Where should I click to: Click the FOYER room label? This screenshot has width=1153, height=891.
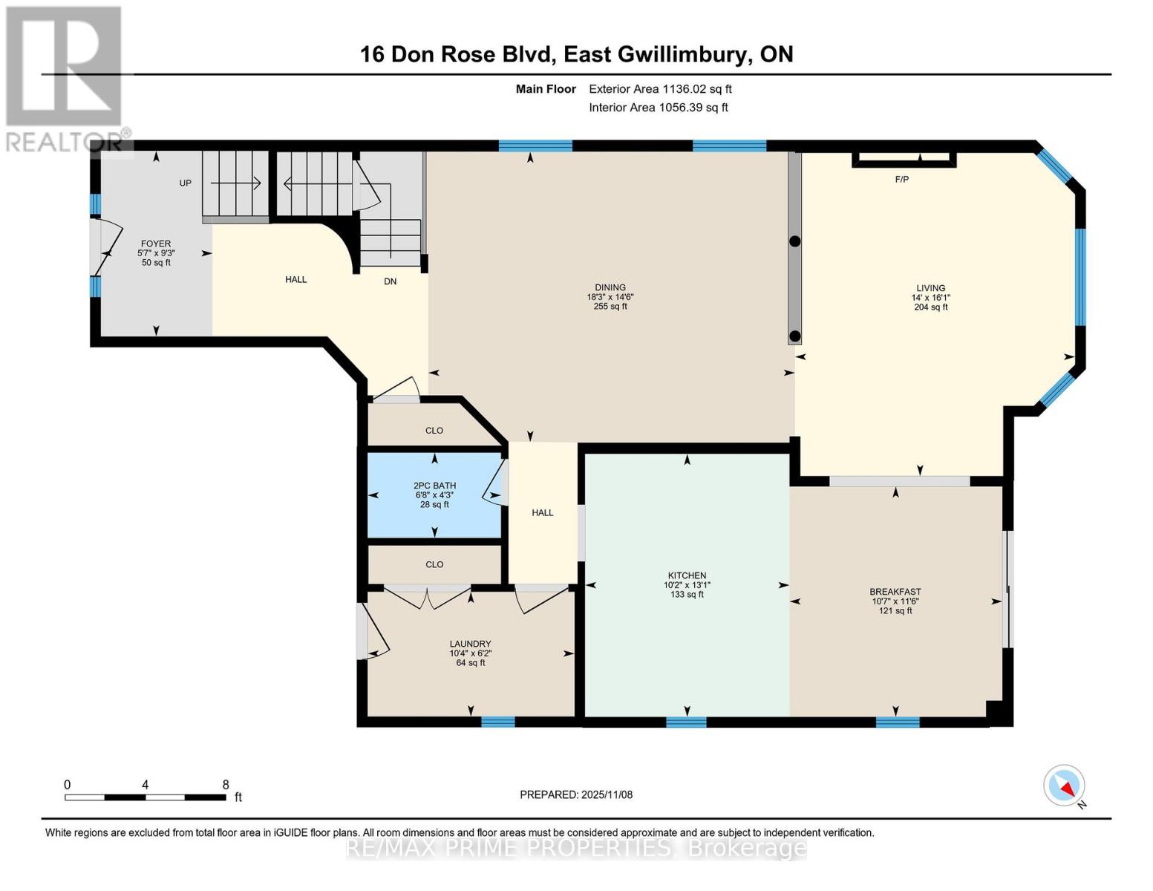tap(156, 244)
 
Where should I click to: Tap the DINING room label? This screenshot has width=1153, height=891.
tap(610, 287)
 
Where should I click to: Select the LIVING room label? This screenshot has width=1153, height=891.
tap(930, 288)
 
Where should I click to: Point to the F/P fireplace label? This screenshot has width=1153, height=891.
tap(901, 180)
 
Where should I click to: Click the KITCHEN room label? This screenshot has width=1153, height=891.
tap(687, 575)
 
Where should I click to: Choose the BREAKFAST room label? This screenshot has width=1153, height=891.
tap(895, 592)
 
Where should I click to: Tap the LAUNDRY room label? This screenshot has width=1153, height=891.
tap(470, 644)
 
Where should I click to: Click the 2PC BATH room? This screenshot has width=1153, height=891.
tap(435, 495)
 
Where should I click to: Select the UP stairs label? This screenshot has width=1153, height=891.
tap(185, 183)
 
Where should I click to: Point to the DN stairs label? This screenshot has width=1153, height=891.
tap(390, 281)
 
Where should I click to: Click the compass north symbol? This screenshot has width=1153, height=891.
tap(1065, 786)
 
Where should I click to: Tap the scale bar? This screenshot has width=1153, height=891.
tap(145, 797)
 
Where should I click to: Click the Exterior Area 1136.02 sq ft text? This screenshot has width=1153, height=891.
tap(660, 89)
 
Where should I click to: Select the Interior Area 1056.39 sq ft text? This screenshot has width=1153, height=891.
tap(658, 108)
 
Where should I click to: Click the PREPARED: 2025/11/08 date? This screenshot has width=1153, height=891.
tap(576, 794)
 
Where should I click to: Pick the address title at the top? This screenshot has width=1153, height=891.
tap(576, 54)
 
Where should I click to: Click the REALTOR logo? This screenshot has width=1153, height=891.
tap(65, 78)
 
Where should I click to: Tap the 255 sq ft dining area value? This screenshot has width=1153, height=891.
tap(610, 307)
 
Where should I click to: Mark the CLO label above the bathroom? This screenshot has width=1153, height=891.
tap(434, 431)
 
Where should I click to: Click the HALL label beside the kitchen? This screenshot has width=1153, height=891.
tap(543, 512)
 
